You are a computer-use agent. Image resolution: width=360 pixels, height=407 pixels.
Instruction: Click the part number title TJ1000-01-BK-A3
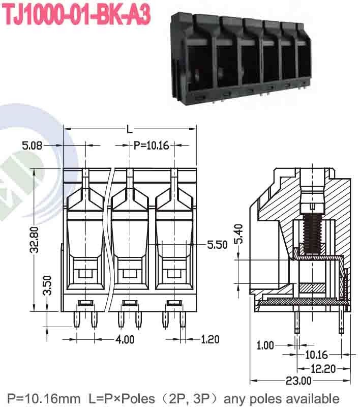pyautogui.click(x=77, y=15)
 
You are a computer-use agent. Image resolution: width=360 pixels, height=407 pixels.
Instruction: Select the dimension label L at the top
pyautogui.click(x=129, y=130)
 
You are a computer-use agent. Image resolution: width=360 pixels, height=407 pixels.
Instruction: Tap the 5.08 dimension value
pyautogui.click(x=33, y=146)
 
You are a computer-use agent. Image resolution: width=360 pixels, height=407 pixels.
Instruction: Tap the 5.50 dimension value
pyautogui.click(x=217, y=245)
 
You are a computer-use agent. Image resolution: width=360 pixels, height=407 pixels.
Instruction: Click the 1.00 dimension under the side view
pyautogui.click(x=265, y=345)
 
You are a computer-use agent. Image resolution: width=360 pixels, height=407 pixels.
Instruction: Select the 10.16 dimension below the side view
pyautogui.click(x=316, y=355)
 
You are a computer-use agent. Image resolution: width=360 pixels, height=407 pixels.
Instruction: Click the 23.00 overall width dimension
pyautogui.click(x=298, y=381)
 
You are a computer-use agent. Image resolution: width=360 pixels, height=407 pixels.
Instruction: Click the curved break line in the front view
pyautogui.click(x=108, y=239)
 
